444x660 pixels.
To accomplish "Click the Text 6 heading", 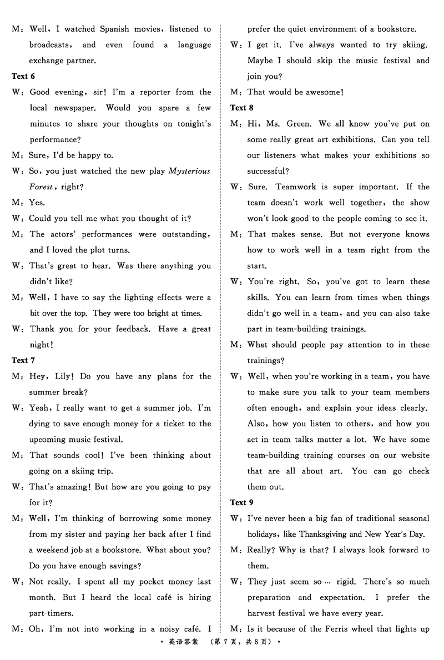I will (23, 76).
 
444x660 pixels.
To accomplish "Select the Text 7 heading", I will (23, 360).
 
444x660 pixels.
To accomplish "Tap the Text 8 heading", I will (242, 108).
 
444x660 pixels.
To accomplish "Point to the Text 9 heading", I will (242, 502).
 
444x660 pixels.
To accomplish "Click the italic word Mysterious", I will (189, 171).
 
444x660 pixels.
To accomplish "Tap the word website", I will (411, 455).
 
